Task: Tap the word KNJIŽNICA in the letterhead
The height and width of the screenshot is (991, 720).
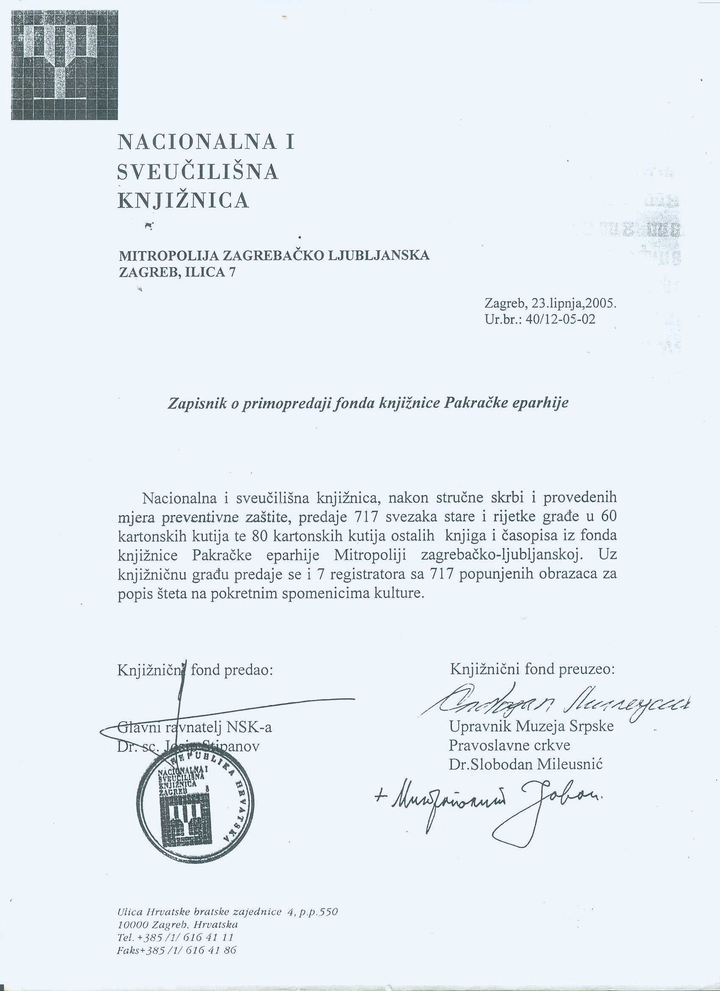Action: pos(184,201)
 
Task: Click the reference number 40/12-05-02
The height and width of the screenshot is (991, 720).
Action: pos(560,319)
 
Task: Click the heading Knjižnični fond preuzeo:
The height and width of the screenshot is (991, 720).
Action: pos(532,670)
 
